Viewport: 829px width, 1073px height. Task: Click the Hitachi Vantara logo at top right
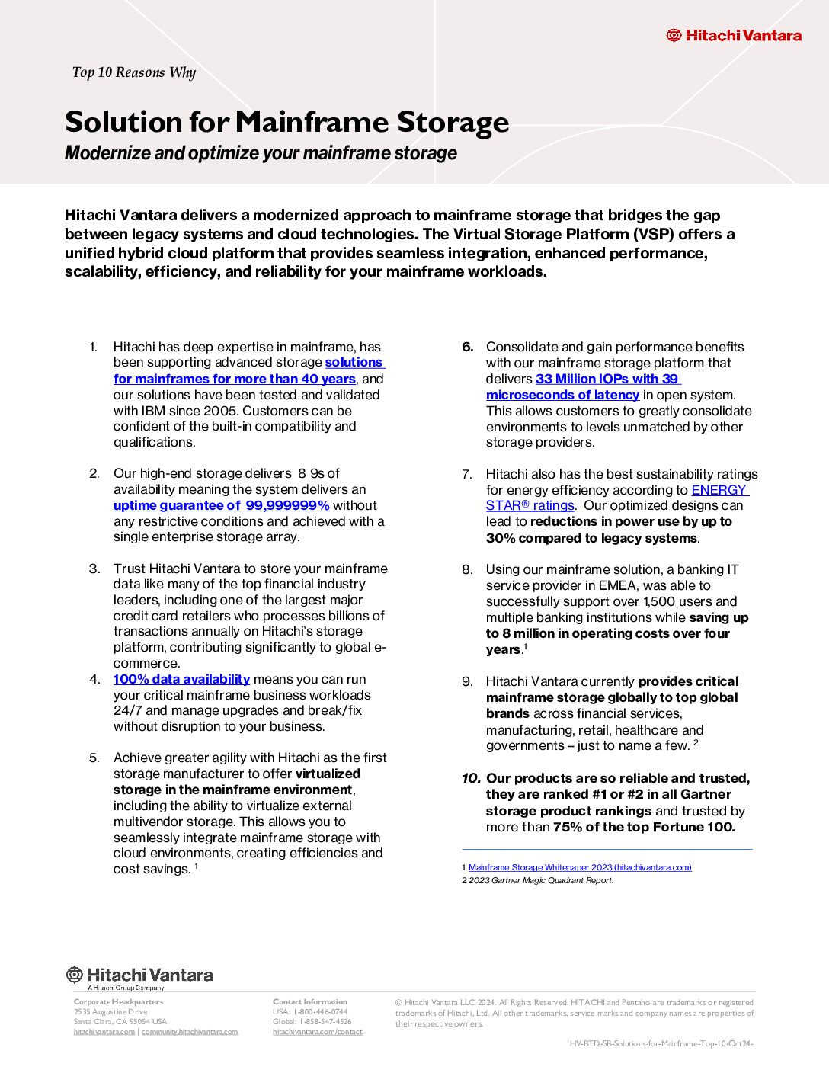734,35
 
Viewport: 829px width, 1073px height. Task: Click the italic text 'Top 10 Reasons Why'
134,72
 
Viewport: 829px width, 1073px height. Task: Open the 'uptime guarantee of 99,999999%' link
221,505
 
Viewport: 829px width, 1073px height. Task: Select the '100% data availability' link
181,679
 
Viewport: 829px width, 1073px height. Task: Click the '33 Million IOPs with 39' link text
607,379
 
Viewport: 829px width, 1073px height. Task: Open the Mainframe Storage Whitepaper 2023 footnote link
580,867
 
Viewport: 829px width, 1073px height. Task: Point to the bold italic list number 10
471,778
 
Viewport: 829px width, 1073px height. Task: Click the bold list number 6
468,347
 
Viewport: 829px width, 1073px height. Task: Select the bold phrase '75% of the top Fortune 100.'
644,827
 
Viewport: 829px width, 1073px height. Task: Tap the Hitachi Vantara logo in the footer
139,975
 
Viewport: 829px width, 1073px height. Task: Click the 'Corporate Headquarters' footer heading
118,1001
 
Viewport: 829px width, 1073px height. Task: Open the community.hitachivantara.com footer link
190,1032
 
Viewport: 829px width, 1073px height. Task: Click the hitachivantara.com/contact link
318,1032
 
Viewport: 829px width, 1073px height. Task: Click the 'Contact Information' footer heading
310,1001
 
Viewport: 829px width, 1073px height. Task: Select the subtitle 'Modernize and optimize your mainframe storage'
261,153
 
